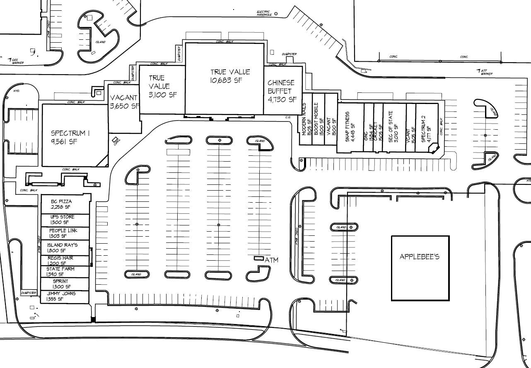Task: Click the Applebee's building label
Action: [419, 257]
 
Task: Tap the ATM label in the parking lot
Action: [272, 260]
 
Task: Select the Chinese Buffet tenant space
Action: [282, 91]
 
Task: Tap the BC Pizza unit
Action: [62, 204]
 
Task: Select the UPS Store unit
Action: [63, 220]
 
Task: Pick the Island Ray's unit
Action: [63, 247]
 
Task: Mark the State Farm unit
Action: [61, 271]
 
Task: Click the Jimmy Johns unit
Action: [61, 296]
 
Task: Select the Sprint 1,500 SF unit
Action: [62, 284]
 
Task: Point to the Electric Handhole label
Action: [263, 13]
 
